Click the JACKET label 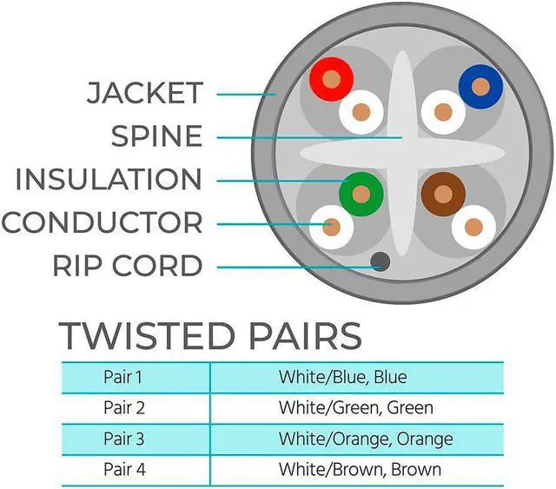click(144, 93)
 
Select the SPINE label click(156, 136)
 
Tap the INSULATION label click(109, 180)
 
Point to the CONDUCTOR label click(102, 222)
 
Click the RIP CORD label click(128, 265)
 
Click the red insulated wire click(330, 80)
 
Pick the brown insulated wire click(443, 194)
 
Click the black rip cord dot click(379, 261)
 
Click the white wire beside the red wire click(361, 111)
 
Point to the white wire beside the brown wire click(473, 228)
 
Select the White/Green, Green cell click(355, 407)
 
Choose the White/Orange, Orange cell click(365, 439)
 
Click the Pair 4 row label click(122, 469)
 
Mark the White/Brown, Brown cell click(360, 469)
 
